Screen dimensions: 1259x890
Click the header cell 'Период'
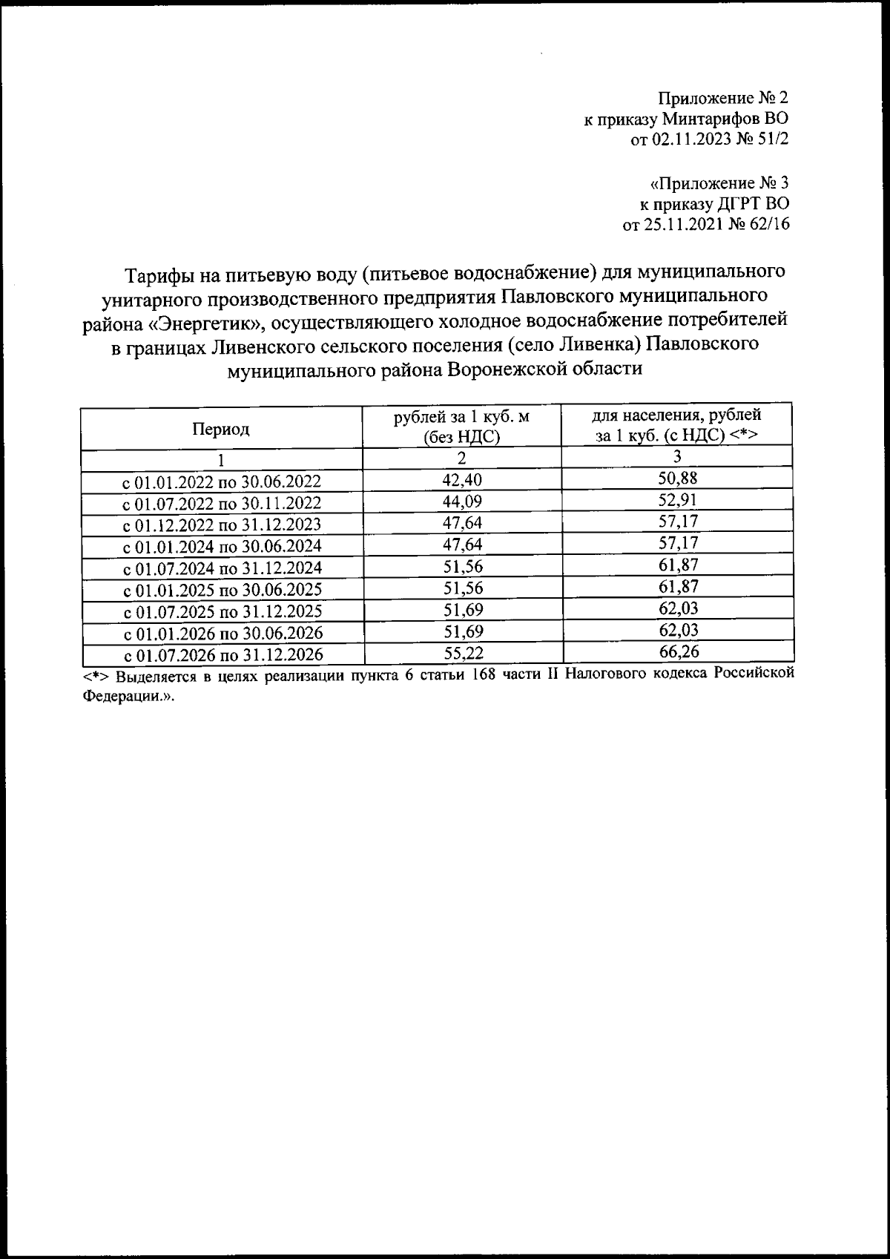click(220, 429)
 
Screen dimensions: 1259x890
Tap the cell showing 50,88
click(678, 478)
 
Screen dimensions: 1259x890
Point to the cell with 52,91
click(678, 499)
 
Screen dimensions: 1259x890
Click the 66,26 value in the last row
click(678, 652)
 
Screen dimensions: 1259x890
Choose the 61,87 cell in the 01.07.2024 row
click(678, 565)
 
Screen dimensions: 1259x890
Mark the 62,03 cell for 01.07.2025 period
click(678, 608)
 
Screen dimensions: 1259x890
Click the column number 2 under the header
click(461, 458)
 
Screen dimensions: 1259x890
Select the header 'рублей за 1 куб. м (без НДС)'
click(461, 427)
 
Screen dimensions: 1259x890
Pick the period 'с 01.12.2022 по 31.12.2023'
click(222, 525)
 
